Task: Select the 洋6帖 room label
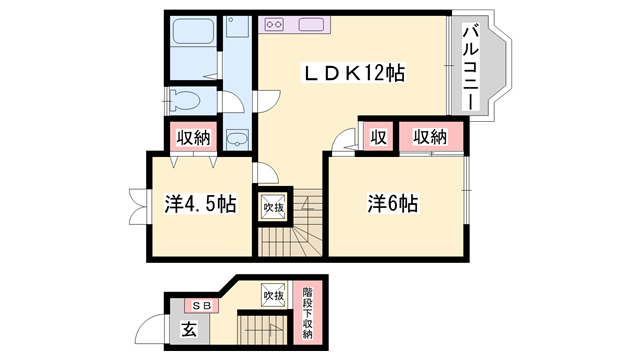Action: point(392,202)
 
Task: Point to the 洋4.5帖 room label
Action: point(200,203)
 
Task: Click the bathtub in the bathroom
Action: point(193,32)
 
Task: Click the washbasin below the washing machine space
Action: point(238,138)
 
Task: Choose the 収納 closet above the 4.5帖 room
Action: point(194,137)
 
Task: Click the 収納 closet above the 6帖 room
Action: point(430,137)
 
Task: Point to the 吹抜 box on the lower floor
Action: point(274,296)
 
